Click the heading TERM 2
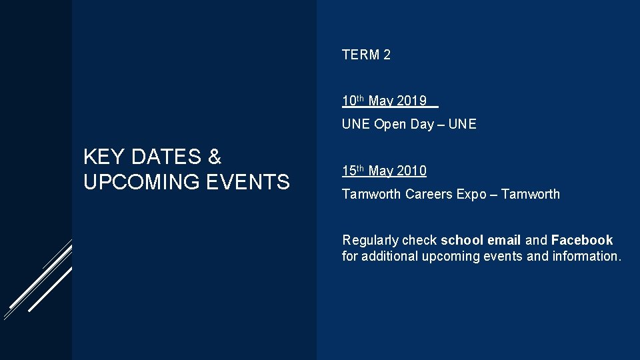point(366,55)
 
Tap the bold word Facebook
point(582,240)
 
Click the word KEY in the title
point(105,157)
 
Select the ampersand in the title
point(214,157)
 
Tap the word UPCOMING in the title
point(141,181)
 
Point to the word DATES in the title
point(166,157)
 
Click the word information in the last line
point(587,256)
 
